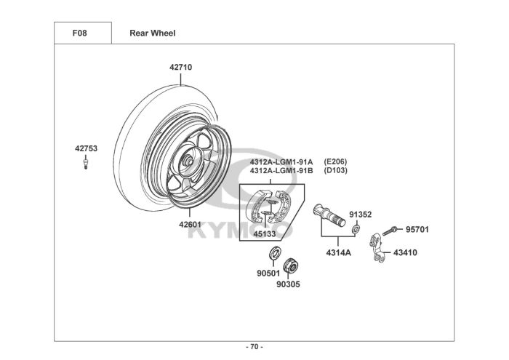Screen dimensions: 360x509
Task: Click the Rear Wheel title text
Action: tap(152, 33)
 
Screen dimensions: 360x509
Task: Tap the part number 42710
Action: tap(181, 67)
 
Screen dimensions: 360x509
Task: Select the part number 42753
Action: tap(86, 148)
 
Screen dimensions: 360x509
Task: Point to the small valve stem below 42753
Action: tap(86, 165)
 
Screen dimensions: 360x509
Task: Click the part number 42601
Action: tap(190, 225)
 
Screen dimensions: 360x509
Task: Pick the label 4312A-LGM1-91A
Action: tap(281, 161)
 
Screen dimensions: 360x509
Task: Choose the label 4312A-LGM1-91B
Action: tap(281, 170)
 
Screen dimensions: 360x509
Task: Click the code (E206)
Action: tap(335, 161)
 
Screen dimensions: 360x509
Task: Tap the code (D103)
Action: tap(335, 170)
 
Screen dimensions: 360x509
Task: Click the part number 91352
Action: tap(360, 215)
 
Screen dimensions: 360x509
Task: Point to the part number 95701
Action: tap(417, 230)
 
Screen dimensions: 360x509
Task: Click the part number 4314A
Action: tap(338, 253)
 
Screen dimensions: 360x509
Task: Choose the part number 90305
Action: tap(287, 284)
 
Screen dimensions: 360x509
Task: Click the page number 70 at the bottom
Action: tap(254, 346)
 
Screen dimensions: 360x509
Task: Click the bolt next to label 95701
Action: tap(389, 230)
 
